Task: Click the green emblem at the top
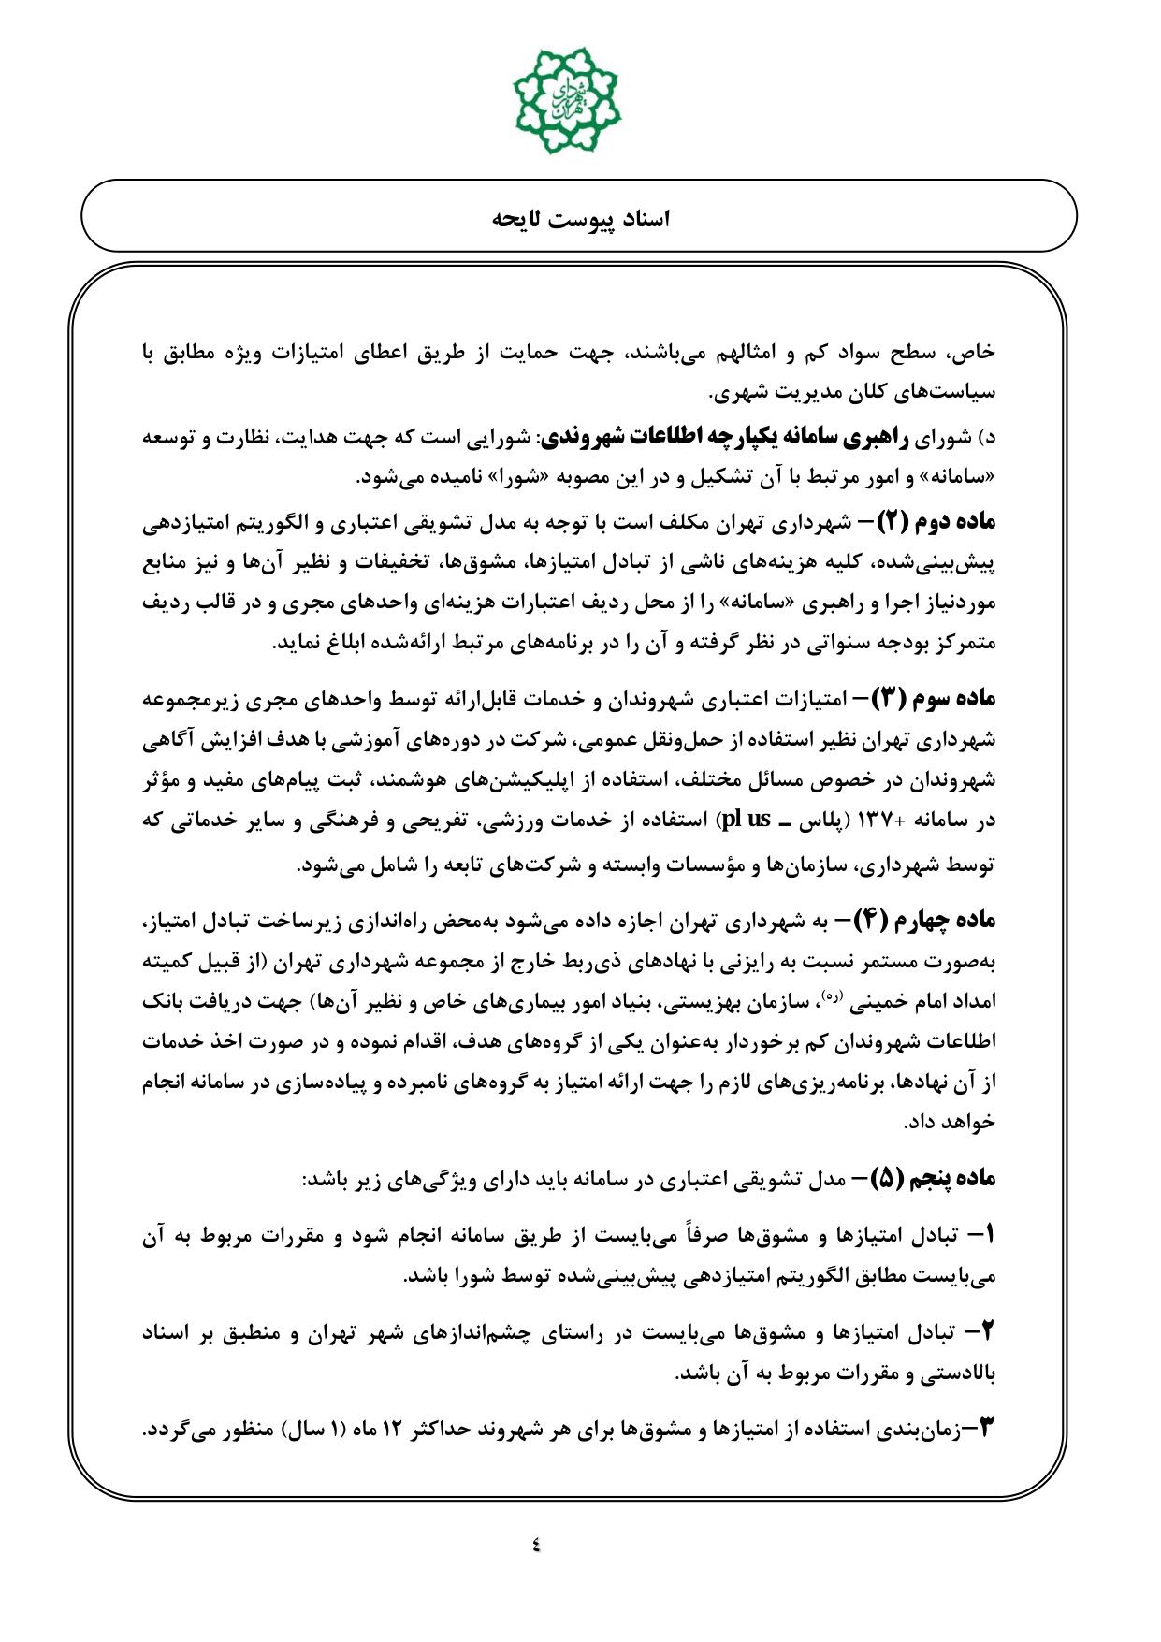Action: tap(567, 91)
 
